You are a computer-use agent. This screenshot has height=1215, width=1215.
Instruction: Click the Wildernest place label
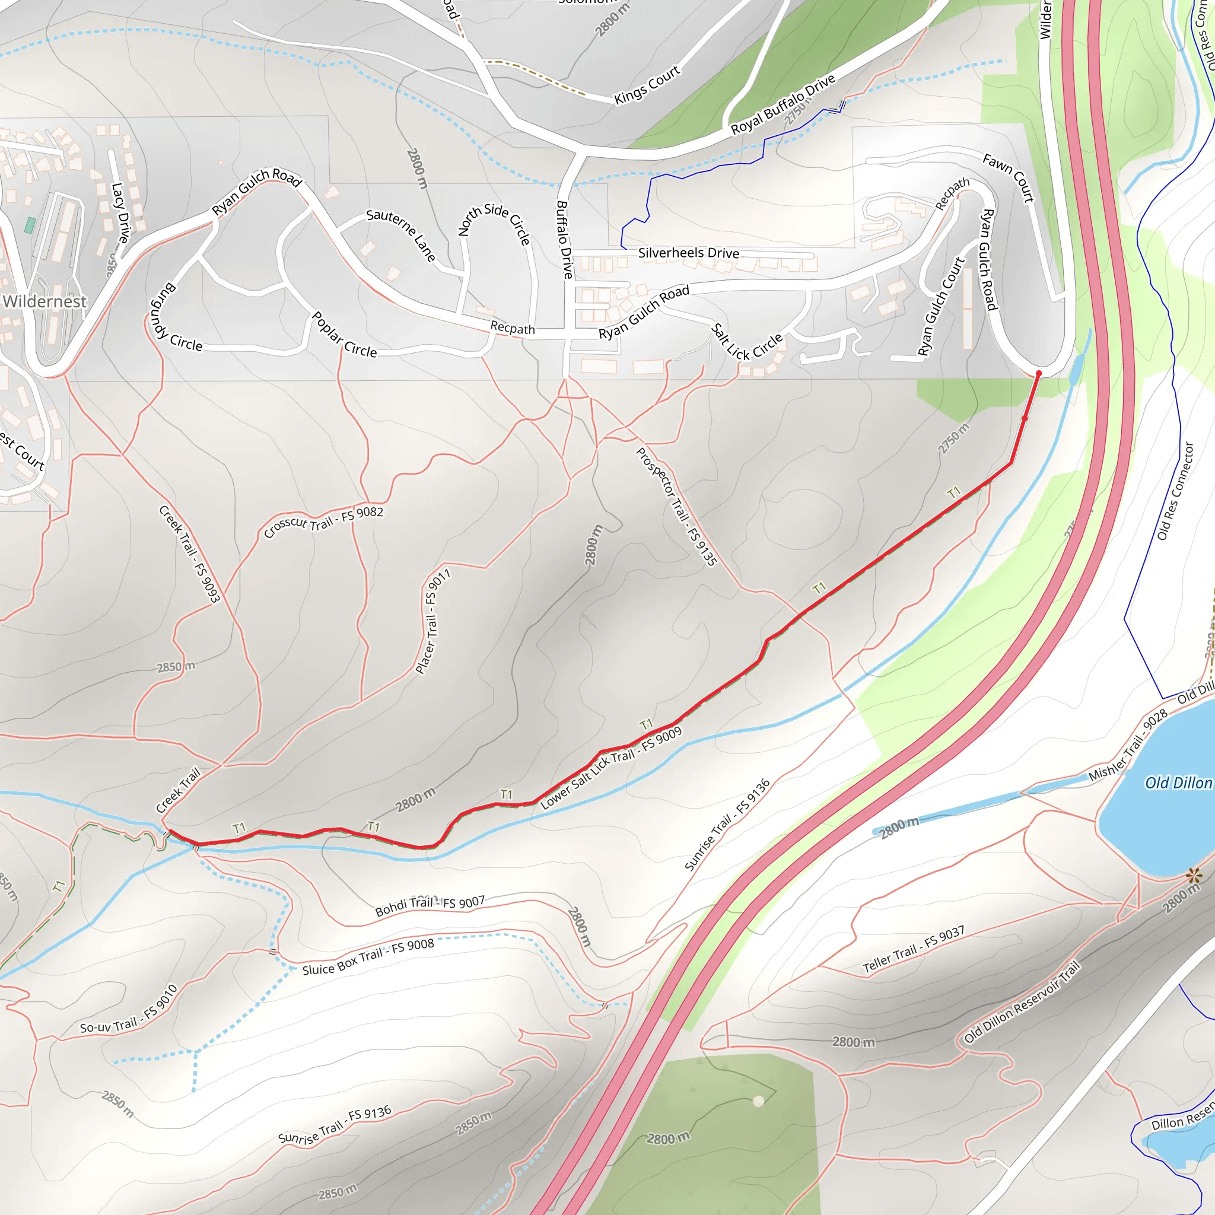[x=44, y=302]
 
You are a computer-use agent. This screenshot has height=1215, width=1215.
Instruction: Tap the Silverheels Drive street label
[x=689, y=253]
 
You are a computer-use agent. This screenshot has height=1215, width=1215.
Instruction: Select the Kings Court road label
[x=647, y=85]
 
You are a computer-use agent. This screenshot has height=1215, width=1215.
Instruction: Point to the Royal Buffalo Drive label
[x=783, y=104]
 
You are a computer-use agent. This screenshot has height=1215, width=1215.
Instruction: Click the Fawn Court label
[x=1009, y=179]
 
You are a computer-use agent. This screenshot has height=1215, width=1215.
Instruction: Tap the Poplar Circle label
[x=344, y=335]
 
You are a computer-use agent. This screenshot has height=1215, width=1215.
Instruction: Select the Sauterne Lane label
[x=401, y=234]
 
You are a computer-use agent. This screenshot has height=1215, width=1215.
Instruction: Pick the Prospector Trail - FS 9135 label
[x=676, y=506]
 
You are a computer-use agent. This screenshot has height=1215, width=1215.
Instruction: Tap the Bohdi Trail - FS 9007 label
[x=430, y=905]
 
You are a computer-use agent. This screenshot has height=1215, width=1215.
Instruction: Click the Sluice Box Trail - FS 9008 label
[x=368, y=957]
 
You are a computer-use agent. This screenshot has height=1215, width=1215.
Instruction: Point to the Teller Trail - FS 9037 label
[x=913, y=950]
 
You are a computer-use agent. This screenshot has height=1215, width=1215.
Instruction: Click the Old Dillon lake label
[x=1178, y=783]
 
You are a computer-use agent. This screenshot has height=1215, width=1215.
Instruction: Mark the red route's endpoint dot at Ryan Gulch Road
[x=1038, y=374]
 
